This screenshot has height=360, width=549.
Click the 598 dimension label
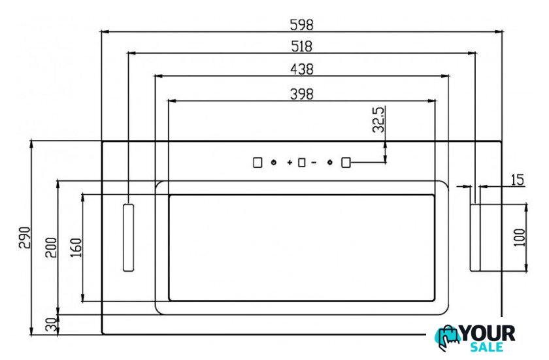coord(301,25)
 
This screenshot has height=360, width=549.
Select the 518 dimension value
coord(301,46)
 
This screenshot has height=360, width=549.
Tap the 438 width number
coord(301,69)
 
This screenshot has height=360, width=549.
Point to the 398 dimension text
coord(301,94)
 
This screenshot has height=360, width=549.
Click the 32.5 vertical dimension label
coord(378,120)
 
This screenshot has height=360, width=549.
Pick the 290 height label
coord(25,238)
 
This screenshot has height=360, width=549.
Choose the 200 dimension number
coord(51,248)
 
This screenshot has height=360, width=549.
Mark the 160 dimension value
coord(76,248)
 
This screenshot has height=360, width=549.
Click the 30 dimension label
coord(52,325)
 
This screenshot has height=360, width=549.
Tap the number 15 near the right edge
coord(517,180)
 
